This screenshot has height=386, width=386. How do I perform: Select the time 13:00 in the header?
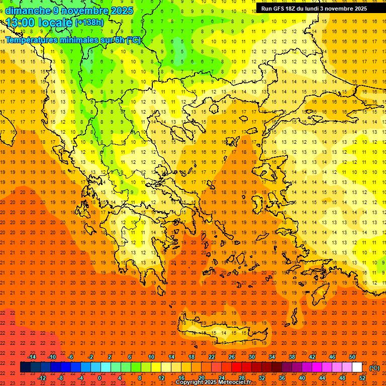click(x=21, y=23)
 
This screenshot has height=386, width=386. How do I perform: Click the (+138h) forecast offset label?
click(x=89, y=23)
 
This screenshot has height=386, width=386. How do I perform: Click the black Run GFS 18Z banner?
click(x=314, y=9)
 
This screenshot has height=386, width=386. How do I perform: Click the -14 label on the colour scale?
click(x=32, y=357)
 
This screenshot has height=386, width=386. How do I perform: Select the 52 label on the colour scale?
click(x=362, y=378)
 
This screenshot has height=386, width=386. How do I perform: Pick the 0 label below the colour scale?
click(x=100, y=378)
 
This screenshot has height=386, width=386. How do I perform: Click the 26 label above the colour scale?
click(x=232, y=357)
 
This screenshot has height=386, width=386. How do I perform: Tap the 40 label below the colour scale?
click(x=302, y=378)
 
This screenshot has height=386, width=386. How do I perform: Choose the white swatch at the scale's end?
click(x=357, y=367)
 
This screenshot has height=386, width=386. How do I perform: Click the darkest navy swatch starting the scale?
click(x=26, y=367)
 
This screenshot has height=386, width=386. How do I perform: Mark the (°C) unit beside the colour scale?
click(x=374, y=368)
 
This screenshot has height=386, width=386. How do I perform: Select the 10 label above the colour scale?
click(x=151, y=357)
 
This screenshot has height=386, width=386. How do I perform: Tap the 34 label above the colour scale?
click(x=272, y=357)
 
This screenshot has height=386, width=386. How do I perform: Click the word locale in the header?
click(x=55, y=23)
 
